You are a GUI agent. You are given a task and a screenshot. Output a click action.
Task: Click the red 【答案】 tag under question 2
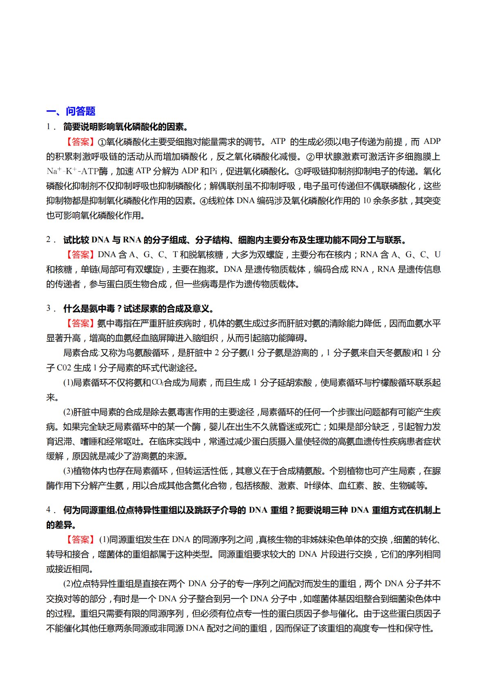80,255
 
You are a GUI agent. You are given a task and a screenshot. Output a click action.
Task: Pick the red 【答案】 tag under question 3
80,323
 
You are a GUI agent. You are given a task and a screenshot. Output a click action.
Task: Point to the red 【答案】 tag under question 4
80,540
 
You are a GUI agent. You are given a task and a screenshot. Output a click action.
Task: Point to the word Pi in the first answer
213,171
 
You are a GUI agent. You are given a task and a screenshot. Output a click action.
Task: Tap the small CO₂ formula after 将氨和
158,383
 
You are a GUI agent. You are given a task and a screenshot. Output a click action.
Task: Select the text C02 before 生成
64,368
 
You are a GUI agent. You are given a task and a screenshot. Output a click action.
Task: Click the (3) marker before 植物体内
68,471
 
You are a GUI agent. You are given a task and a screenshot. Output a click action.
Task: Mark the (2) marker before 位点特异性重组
68,584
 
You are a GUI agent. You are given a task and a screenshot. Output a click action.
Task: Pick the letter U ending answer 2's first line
437,255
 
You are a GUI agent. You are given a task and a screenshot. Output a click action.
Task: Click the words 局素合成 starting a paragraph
80,353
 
